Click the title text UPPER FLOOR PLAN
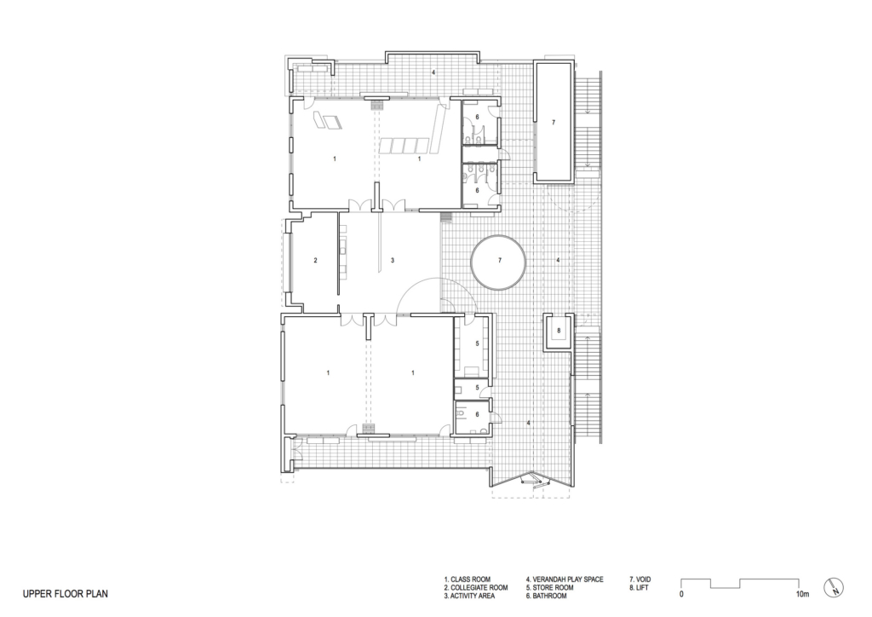[x=65, y=592]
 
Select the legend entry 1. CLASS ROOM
[x=467, y=580]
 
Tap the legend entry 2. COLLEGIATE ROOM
[x=475, y=588]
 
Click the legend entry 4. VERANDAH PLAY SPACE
[x=564, y=580]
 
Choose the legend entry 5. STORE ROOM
[x=554, y=588]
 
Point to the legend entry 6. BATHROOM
[x=552, y=596]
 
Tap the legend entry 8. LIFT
[x=641, y=588]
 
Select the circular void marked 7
[x=500, y=261]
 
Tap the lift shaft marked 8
[x=559, y=331]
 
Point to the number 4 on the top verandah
[x=433, y=73]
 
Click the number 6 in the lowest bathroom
[x=477, y=414]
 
